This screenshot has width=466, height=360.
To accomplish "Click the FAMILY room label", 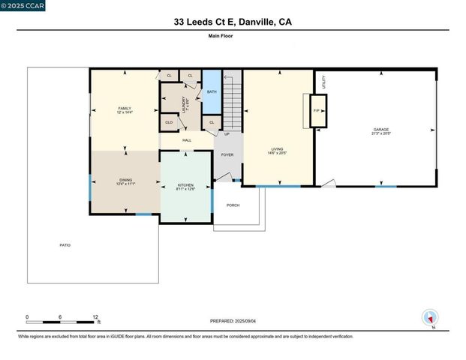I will tap(125, 109).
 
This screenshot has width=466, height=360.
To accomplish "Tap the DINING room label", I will tap(125, 180).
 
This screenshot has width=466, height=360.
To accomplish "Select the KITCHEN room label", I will tap(185, 184).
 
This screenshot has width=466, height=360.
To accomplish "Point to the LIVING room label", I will tap(277, 149).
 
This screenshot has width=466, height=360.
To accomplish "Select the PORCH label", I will tap(233, 205).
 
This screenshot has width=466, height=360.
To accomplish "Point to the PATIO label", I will tap(65, 245).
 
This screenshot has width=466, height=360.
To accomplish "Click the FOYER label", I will tap(227, 154).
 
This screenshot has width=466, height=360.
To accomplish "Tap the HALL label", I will tap(187, 139).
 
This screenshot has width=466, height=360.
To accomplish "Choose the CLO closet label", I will tap(169, 122).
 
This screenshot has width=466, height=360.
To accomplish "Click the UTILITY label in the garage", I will tap(323, 82).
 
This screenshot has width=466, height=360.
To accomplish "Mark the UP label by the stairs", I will tap(227, 135).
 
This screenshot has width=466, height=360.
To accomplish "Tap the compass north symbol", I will tap(430, 318).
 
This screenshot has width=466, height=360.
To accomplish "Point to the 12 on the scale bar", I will tap(95, 317).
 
